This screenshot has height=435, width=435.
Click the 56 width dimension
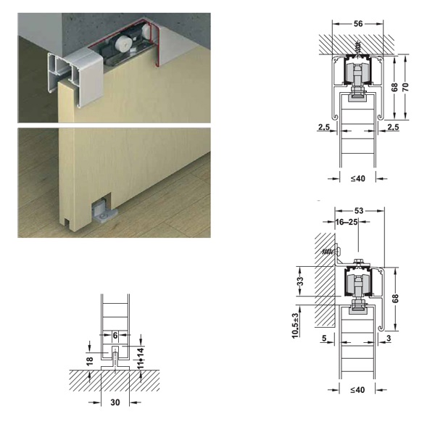click(x=358, y=24)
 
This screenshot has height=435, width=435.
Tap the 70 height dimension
click(x=405, y=87)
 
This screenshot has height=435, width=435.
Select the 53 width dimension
click(x=359, y=211)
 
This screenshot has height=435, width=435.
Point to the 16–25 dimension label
click(x=347, y=222)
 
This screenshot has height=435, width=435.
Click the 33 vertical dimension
click(x=300, y=281)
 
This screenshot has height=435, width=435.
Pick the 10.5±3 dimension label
click(x=295, y=326)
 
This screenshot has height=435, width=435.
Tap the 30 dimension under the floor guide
click(x=115, y=402)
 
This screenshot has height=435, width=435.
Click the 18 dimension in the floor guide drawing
click(x=89, y=361)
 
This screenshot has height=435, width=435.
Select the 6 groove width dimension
click(x=115, y=336)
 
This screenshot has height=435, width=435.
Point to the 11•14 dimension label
click(x=141, y=358)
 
